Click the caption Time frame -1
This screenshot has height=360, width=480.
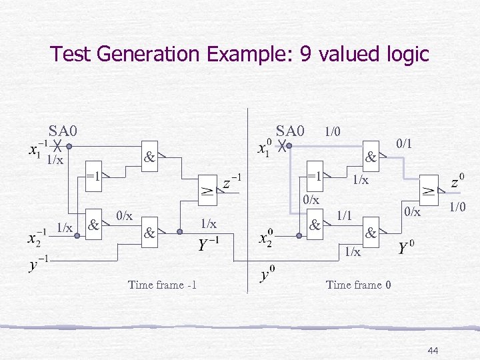click(x=163, y=285)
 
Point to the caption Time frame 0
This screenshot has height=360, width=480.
click(x=354, y=285)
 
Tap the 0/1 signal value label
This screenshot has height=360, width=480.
click(x=405, y=143)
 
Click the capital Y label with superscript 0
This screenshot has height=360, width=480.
click(x=406, y=249)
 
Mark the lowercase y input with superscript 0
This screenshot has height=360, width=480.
click(x=268, y=273)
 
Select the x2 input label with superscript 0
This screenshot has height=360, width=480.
click(x=265, y=238)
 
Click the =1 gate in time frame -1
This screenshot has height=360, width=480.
click(x=93, y=177)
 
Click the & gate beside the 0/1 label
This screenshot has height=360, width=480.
click(x=371, y=159)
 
